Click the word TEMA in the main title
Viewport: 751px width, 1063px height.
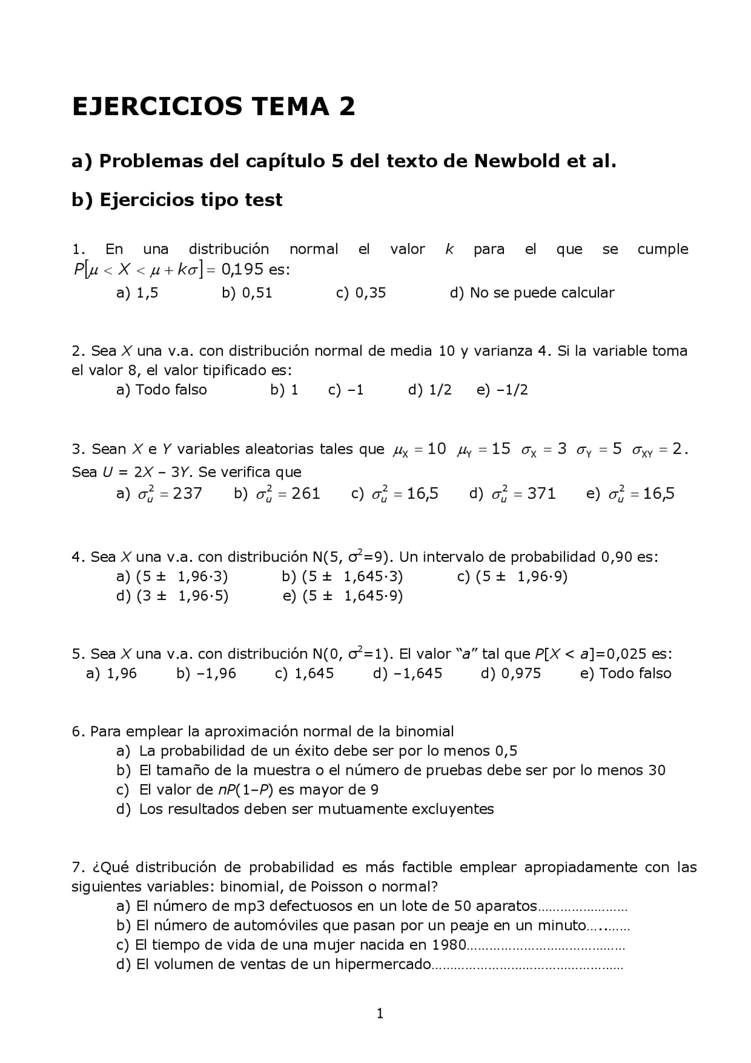[x=288, y=107]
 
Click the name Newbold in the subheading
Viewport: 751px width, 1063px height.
[x=516, y=161]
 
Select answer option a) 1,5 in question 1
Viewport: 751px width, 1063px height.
[x=137, y=293]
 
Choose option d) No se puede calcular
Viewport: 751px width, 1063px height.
[x=532, y=293]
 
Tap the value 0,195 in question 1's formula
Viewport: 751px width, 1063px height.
[x=242, y=270]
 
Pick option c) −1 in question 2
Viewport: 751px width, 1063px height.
[x=346, y=390]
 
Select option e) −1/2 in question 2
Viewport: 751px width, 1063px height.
[x=502, y=390]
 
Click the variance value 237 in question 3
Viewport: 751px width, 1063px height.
[x=187, y=494]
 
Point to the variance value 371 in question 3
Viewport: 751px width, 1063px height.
[x=541, y=494]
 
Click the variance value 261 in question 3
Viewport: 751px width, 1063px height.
[x=306, y=494]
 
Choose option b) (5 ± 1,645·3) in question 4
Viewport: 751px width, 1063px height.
[x=342, y=576]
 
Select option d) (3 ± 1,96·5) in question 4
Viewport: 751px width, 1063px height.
[x=172, y=596]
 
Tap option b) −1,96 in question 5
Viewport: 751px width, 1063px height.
[x=206, y=673]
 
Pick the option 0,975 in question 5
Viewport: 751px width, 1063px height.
[x=511, y=673]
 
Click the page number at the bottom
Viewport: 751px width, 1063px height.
[x=380, y=1013]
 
